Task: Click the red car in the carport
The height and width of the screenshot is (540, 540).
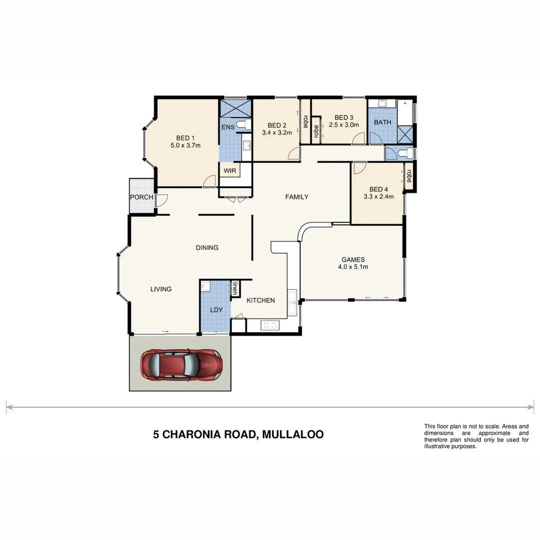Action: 181,363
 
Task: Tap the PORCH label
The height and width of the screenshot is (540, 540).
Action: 141,197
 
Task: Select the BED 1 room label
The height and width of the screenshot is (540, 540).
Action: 185,138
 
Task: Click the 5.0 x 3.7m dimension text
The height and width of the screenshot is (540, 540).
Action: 185,146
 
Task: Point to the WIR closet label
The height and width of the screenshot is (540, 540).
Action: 229,170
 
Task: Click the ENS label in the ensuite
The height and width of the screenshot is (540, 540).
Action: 228,127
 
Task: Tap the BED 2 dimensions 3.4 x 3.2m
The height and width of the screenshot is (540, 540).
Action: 276,133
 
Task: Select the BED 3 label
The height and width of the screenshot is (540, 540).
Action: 344,117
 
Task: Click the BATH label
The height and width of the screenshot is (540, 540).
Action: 382,122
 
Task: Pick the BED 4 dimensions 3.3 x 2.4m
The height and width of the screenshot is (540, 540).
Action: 378,196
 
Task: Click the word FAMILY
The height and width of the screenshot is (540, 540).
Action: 296,197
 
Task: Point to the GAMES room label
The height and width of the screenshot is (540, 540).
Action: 353,259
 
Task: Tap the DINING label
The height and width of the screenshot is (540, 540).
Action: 207,247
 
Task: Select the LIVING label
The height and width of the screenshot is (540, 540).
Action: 161,289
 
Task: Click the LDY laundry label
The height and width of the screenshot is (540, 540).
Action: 216,310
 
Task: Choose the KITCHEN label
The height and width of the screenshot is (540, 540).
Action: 260,300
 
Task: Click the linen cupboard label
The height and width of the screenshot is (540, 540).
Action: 235,288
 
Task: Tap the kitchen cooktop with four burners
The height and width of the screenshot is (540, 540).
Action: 270,324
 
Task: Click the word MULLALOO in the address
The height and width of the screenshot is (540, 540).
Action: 291,434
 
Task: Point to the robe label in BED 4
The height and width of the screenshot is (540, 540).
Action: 409,175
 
